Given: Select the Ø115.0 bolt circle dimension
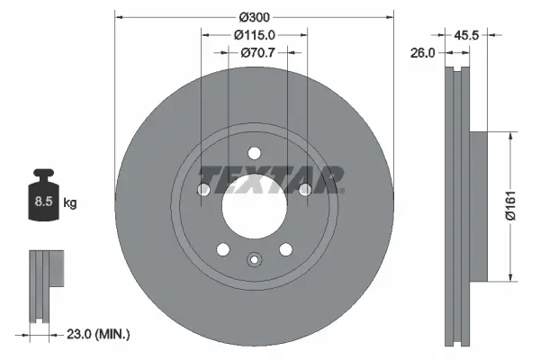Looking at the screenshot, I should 255,34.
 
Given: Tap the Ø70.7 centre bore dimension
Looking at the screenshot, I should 256,52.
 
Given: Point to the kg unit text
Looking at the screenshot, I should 70,203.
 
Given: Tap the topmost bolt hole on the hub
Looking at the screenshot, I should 255,152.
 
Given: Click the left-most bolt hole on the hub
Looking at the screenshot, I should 203,189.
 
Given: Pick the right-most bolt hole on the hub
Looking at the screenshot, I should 306,189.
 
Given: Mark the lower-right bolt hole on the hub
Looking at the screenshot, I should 286,249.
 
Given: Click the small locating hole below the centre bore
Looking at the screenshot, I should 255,262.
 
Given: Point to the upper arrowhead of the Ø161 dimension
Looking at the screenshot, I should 512,135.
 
